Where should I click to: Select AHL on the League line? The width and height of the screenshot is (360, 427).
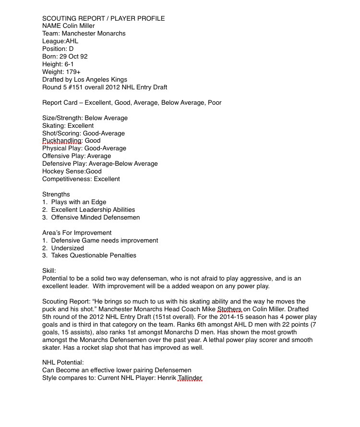click(72, 41)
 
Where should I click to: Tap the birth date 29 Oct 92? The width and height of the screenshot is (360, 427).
click(73, 57)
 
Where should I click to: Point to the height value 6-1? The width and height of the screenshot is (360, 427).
click(68, 64)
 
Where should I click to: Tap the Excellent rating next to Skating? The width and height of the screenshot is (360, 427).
click(81, 125)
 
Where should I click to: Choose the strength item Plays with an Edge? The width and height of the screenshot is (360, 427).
click(79, 202)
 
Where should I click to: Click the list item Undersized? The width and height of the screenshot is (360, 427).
click(67, 248)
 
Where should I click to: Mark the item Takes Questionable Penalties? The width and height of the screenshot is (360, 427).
click(94, 256)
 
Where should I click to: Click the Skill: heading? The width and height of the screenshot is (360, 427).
click(49, 271)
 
